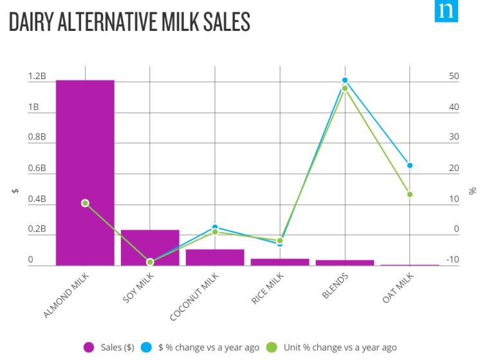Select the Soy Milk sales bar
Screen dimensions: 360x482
(150, 248)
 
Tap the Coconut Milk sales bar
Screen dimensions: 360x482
(215, 257)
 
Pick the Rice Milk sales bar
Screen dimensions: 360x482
(280, 262)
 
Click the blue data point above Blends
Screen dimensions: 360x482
(345, 80)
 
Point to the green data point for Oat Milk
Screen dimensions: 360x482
(409, 194)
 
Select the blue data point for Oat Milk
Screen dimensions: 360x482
(409, 165)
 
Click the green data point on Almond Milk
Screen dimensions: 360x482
(85, 203)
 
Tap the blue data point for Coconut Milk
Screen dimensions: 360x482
(215, 228)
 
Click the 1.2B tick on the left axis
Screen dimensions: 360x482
(37, 76)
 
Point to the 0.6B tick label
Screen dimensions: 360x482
(37, 168)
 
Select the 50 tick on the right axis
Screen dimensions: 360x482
(454, 76)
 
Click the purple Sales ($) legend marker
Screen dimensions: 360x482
(90, 348)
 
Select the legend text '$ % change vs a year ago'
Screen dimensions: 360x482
(209, 348)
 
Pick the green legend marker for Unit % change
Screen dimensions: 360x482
(272, 348)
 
